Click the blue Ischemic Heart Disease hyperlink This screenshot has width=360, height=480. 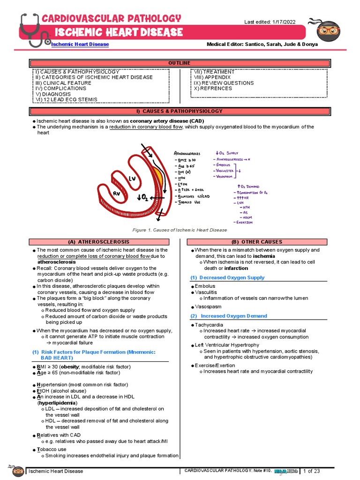point(80,44)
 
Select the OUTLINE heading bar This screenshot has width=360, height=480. point(180,63)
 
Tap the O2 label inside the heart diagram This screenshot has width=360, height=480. point(142,198)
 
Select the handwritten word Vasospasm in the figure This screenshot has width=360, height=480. point(224,176)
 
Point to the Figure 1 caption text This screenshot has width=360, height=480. point(180,230)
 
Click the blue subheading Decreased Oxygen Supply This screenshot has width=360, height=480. point(230,277)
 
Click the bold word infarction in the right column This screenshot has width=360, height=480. point(236,268)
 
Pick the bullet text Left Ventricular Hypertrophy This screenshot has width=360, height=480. point(227,345)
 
